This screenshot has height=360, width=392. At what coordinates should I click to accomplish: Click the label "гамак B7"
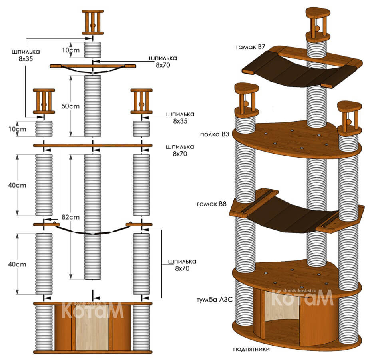[x=251, y=47]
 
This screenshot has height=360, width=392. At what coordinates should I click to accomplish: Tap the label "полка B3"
[x=215, y=134]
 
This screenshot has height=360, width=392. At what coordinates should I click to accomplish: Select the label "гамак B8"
[x=212, y=204]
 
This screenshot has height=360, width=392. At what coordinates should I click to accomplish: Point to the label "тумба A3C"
[x=214, y=300]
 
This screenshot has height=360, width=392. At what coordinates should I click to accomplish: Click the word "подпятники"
[x=251, y=349]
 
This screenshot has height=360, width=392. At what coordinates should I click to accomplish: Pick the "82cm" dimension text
[x=71, y=217]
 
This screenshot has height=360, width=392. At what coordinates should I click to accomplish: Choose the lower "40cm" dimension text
[x=17, y=264]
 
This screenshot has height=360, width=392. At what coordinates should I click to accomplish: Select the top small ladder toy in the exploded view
[x=93, y=22]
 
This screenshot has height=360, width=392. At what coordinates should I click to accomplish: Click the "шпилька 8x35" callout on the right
[x=181, y=118]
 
